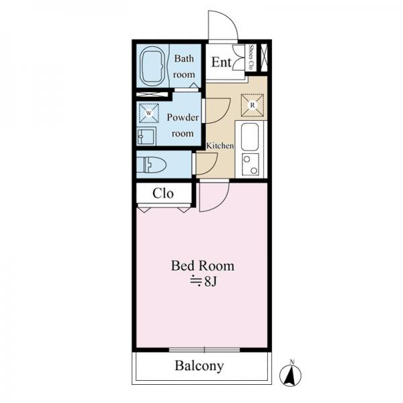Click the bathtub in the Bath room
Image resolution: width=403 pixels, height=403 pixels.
(x=152, y=66)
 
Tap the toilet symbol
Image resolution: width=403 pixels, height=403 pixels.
(x=151, y=165)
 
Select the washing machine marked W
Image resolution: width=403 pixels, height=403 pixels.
(x=149, y=113)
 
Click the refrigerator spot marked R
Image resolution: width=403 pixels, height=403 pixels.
(x=253, y=105)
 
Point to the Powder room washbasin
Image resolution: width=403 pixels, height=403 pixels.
(x=146, y=136)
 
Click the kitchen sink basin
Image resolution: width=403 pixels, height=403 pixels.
(x=250, y=137)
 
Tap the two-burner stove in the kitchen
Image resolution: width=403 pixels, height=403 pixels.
(x=250, y=165)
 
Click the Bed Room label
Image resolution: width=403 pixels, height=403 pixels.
(x=203, y=266)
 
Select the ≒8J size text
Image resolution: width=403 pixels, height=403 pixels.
(x=204, y=281)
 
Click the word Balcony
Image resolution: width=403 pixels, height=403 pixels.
(x=199, y=366)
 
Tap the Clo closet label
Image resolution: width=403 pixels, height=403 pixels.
(x=163, y=193)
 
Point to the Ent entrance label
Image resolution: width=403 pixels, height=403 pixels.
(x=221, y=62)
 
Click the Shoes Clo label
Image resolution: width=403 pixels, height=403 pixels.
(x=251, y=57)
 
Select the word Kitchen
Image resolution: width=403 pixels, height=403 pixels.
(x=220, y=146)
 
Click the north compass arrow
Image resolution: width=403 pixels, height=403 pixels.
(x=290, y=375)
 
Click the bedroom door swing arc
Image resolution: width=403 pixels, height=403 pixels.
(x=220, y=203)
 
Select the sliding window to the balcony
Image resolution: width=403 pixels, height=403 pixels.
(x=205, y=350)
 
